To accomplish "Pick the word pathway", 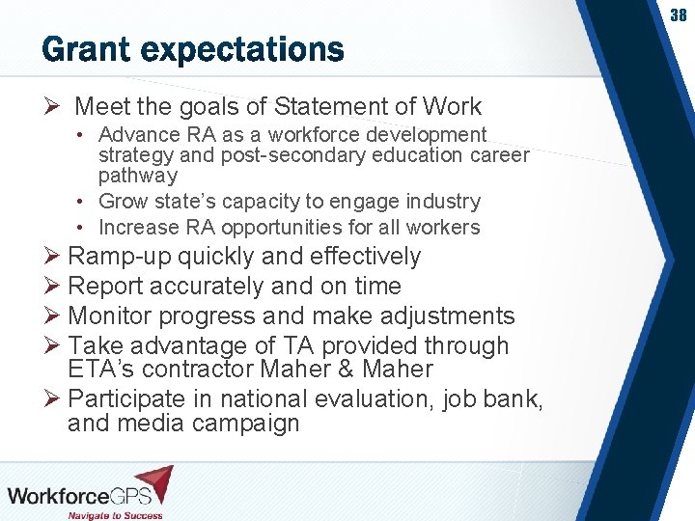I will (x=138, y=176).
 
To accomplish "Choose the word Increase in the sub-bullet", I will (x=139, y=228).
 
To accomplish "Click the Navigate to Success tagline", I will (x=114, y=515).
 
